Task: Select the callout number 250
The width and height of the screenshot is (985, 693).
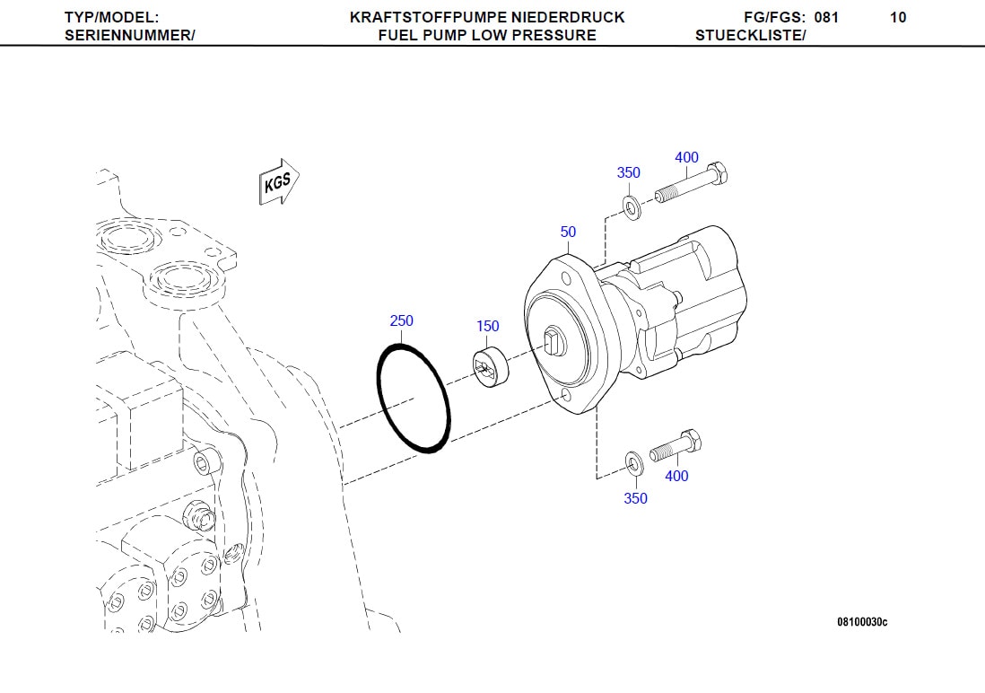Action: pos(401,321)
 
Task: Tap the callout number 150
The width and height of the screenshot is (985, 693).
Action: pos(487,326)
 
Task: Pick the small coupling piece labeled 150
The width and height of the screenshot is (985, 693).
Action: pos(489,369)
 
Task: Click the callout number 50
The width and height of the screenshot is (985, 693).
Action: pos(568,232)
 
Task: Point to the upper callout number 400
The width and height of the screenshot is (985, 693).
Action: pos(686,158)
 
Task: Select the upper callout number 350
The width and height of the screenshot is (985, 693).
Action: pos(628,173)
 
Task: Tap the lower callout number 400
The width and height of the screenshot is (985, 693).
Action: pos(676,476)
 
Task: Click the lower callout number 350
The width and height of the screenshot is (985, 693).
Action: pos(635,498)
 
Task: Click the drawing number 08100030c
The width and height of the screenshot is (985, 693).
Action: pos(862,622)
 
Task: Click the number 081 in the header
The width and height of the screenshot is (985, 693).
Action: pos(826,17)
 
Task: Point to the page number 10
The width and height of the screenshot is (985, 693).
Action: pos(898,17)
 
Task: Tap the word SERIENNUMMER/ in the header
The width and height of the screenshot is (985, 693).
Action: pos(130,35)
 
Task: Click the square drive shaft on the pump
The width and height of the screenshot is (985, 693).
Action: pos(553,340)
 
